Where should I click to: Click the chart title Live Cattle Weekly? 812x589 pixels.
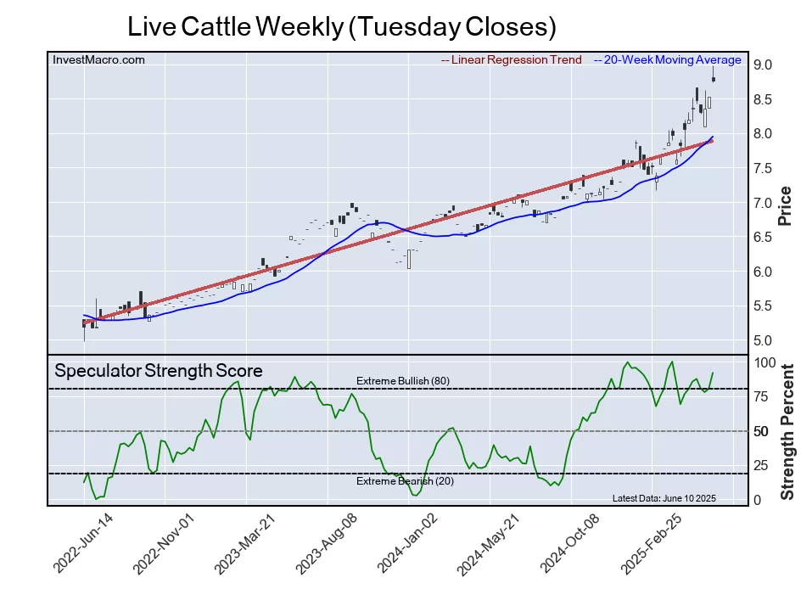click(x=341, y=26)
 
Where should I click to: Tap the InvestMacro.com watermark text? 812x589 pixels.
click(x=98, y=60)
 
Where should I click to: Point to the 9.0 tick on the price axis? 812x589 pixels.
click(x=761, y=65)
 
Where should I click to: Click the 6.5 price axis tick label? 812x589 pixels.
click(x=761, y=238)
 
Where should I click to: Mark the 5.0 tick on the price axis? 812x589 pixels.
click(x=761, y=341)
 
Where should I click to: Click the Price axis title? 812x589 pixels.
click(x=786, y=205)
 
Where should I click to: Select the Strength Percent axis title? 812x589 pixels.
click(x=787, y=431)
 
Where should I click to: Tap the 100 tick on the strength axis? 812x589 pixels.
click(x=764, y=362)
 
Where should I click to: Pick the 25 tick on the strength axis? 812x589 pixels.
click(x=761, y=465)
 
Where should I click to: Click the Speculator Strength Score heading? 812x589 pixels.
click(x=159, y=371)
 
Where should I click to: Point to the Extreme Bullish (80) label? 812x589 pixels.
click(x=402, y=381)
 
